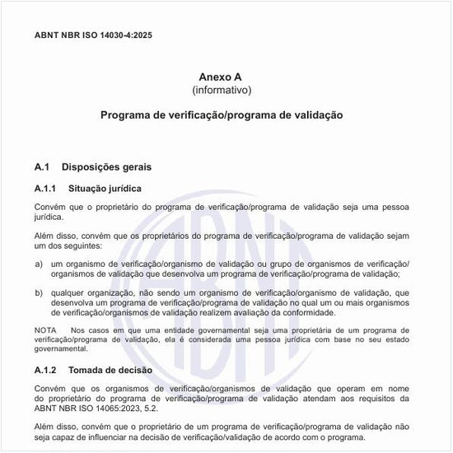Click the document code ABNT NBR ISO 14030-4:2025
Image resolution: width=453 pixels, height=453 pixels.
coord(93,35)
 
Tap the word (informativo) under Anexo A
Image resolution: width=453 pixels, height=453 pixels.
coord(222,90)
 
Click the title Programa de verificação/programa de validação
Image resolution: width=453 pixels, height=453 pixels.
coord(222,115)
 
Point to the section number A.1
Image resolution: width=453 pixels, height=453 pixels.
coord(43,167)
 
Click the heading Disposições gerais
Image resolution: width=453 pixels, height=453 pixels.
coord(106,167)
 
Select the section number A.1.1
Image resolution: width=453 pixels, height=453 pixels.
coord(45,189)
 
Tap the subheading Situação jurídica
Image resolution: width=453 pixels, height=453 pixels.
coord(109,189)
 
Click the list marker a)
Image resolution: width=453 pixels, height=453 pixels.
coord(39,264)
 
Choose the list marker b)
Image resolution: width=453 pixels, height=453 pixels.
coord(39,292)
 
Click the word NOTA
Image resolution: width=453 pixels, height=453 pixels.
coord(45,330)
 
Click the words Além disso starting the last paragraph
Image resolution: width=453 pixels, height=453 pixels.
coord(55,427)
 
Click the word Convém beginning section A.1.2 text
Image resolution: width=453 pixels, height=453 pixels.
coord(51,388)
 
